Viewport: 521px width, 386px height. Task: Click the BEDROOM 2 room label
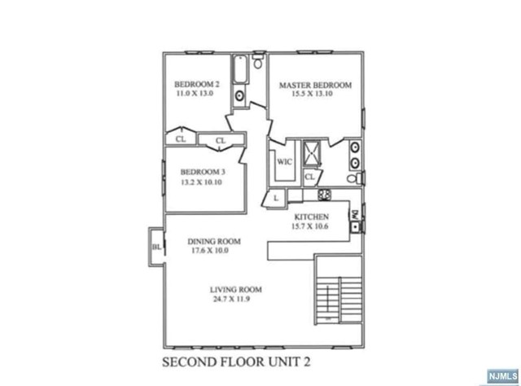click(x=198, y=84)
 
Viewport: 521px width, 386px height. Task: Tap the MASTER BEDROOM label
click(x=315, y=86)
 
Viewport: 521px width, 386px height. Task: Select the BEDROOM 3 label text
click(x=203, y=172)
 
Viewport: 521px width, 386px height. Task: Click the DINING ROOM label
click(x=214, y=241)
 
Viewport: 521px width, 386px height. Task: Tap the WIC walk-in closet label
click(x=284, y=161)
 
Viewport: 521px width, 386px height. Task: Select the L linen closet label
click(x=277, y=198)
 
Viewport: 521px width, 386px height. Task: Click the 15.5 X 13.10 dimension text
click(x=315, y=95)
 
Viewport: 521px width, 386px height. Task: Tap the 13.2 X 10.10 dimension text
click(x=202, y=182)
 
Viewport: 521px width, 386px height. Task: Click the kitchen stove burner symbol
click(x=322, y=195)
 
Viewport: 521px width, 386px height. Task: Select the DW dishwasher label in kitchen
click(x=355, y=214)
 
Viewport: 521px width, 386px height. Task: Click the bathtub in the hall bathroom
click(x=241, y=72)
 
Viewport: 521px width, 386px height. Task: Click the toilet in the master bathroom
click(x=352, y=178)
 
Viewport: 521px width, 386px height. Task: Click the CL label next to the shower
click(x=309, y=177)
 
